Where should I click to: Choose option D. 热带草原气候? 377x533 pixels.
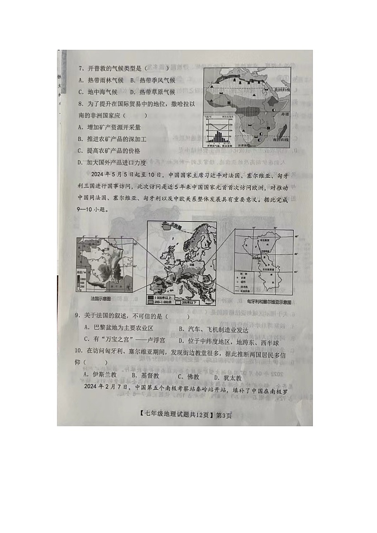coord(152,92)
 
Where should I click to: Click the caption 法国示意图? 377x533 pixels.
coord(100,299)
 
